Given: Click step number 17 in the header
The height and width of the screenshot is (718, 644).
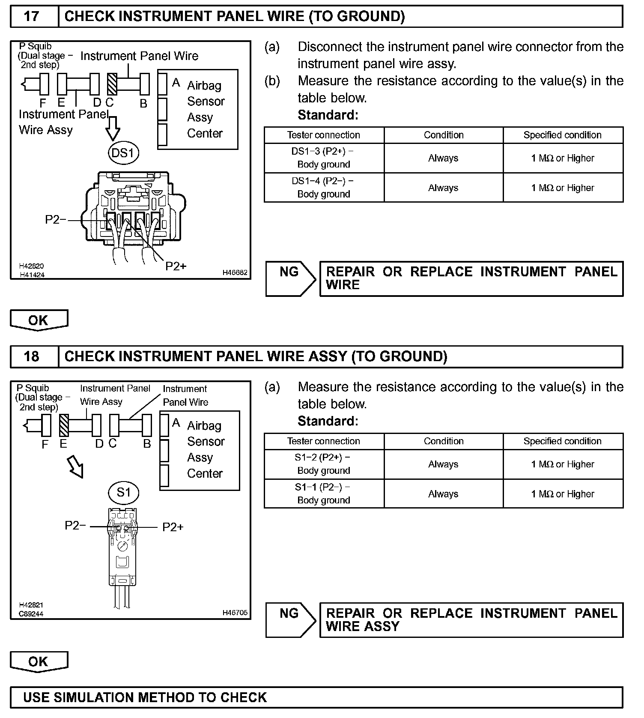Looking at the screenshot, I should (x=32, y=16).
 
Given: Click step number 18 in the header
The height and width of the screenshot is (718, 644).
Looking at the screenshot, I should (x=32, y=356).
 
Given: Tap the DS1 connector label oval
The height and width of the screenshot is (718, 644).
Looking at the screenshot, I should (x=123, y=153).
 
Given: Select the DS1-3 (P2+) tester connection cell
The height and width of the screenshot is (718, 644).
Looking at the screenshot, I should (x=324, y=158).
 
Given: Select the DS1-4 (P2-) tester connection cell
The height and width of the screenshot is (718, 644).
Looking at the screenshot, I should (x=324, y=188).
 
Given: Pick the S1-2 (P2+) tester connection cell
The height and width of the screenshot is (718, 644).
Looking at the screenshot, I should (x=324, y=464).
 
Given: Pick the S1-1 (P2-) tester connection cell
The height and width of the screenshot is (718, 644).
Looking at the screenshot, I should (x=324, y=494).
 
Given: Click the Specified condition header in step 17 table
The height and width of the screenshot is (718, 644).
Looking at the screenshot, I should (x=562, y=135).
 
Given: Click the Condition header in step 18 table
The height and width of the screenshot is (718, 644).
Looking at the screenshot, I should (x=444, y=441).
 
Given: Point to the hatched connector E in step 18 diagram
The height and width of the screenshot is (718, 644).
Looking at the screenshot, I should (x=64, y=425).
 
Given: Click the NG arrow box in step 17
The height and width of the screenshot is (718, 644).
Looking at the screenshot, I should (x=290, y=278).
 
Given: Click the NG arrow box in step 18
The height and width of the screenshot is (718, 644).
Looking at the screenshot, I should (x=290, y=620).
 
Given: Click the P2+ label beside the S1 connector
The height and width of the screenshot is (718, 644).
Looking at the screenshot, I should (x=173, y=527).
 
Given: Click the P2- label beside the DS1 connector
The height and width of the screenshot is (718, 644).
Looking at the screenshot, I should (x=56, y=220).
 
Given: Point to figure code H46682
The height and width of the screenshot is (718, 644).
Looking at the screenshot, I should (x=235, y=272).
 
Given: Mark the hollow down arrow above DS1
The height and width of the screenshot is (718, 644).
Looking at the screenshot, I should (x=113, y=127).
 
